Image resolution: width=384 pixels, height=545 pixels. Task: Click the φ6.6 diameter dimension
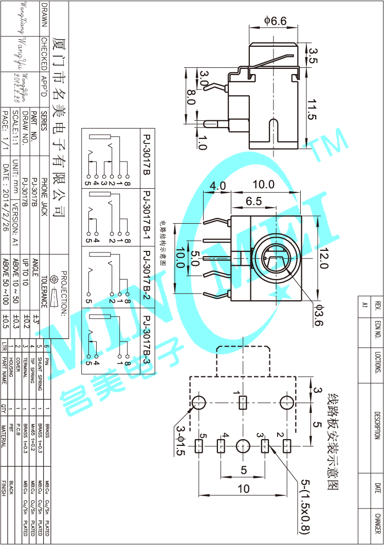click(275, 21)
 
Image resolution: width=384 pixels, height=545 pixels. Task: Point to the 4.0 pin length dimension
click(217, 186)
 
